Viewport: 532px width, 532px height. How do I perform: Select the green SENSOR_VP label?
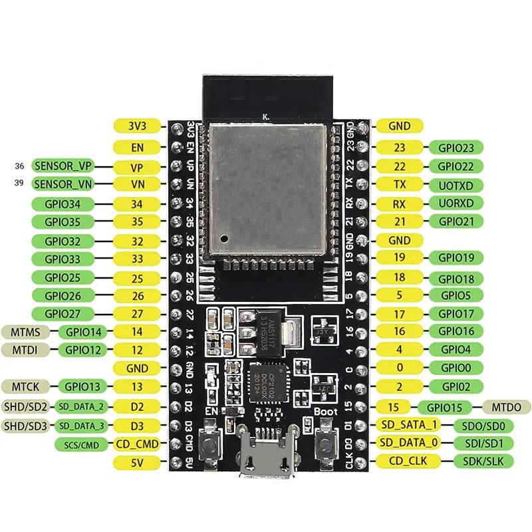point(62,166)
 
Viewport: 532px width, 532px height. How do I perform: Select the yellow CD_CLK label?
point(403,461)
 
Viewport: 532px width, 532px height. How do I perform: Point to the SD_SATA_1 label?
point(408,425)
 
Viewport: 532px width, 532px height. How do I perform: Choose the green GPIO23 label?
point(456,148)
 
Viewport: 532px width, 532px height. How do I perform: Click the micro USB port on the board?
point(266,459)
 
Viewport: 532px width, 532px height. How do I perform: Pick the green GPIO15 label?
point(444,406)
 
